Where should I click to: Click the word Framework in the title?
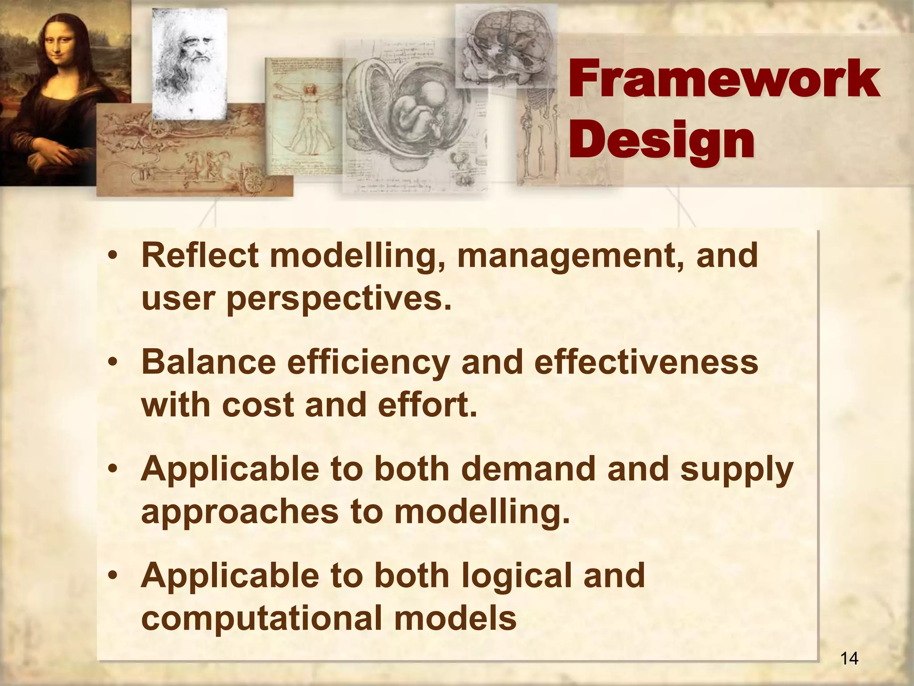(724, 79)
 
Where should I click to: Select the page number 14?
(849, 658)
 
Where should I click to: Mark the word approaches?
(240, 512)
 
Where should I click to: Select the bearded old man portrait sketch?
(190, 58)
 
